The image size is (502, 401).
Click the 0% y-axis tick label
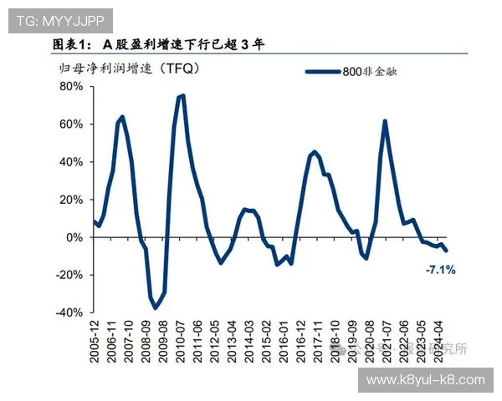tap(74, 237)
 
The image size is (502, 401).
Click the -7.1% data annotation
tap(440, 270)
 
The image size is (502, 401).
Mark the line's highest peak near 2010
tap(182, 95)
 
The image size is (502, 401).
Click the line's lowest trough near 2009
tap(155, 308)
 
